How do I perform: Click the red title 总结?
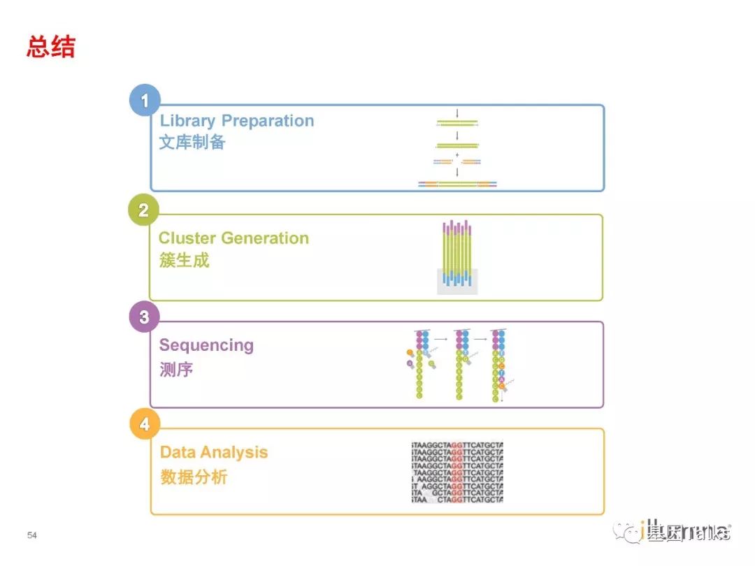(51, 47)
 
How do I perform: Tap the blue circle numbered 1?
(145, 101)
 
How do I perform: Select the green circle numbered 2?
(143, 210)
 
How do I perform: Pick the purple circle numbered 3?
(144, 317)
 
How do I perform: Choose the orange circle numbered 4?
(144, 424)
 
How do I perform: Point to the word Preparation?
(268, 121)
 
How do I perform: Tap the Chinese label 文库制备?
(192, 143)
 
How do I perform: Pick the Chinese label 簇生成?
(184, 261)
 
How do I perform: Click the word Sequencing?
(206, 345)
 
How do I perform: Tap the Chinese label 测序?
(176, 369)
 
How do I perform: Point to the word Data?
(177, 452)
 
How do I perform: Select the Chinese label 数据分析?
(194, 477)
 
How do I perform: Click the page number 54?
(31, 535)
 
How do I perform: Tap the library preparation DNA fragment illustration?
(457, 150)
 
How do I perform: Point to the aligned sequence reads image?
(457, 472)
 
